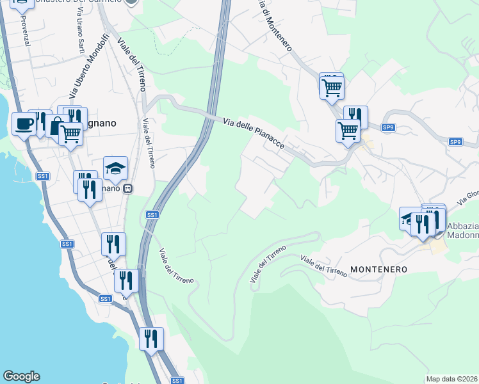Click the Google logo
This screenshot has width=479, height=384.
coord(21,376)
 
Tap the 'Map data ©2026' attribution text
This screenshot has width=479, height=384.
coord(451,379)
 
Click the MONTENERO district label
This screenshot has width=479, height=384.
coord(378,269)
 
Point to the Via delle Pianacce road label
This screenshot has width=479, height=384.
coord(254,132)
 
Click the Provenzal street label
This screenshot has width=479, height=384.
coord(26,29)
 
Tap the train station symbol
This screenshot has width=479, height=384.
coord(129,189)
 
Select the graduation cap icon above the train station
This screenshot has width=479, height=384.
coord(115,168)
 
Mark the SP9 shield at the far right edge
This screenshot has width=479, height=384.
coord(455,141)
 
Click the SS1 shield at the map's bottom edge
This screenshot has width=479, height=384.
coord(177,381)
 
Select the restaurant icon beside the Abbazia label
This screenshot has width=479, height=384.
coord(423,223)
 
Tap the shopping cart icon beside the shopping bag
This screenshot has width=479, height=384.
coord(70,134)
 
